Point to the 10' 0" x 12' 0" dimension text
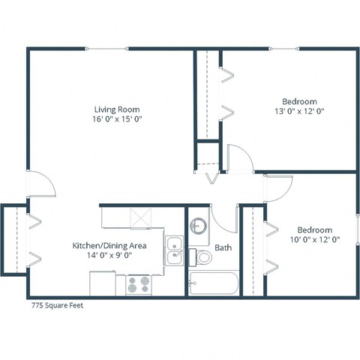pyautogui.click(x=314, y=240)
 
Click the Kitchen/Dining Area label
pyautogui.click(x=109, y=245)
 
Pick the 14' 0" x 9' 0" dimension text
pyautogui.click(x=109, y=256)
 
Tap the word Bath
pyautogui.click(x=223, y=247)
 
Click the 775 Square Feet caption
pyautogui.click(x=58, y=305)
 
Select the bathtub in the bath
pyautogui.click(x=213, y=283)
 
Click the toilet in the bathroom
pyautogui.click(x=203, y=257)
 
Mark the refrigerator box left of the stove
pyautogui.click(x=103, y=283)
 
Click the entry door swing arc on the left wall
pyautogui.click(x=42, y=184)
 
